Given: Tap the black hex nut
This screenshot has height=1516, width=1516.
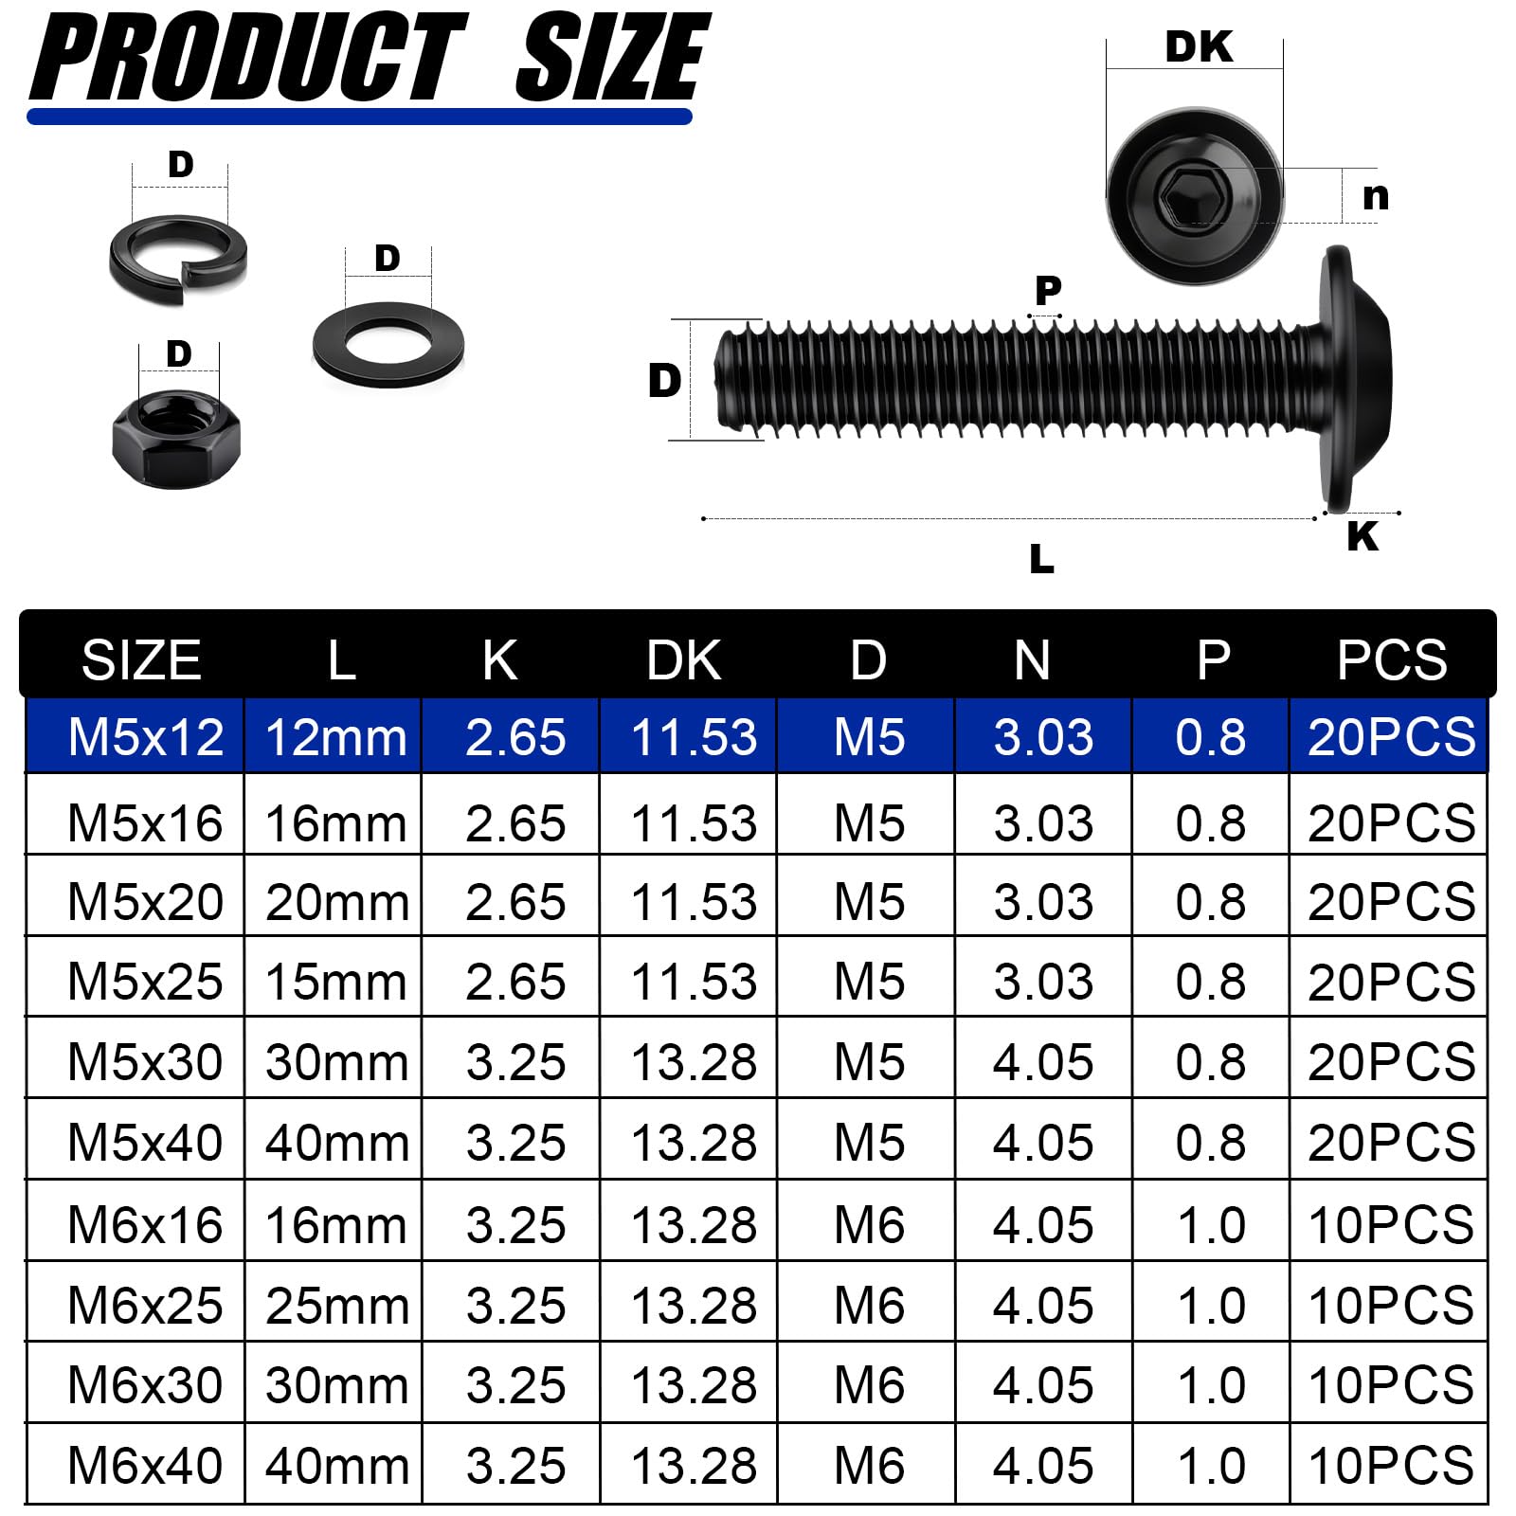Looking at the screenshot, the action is click(176, 439).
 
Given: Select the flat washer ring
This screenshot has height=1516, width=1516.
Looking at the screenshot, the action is click(388, 344).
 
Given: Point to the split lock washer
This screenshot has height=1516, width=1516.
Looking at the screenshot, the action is click(177, 258).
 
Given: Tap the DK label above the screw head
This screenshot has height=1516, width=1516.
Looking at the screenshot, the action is click(1199, 47).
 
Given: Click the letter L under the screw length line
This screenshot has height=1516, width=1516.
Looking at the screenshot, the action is click(1041, 559).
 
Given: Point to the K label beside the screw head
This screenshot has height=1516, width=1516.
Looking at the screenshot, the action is click(1363, 536).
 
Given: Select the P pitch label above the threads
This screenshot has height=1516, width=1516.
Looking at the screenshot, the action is click(1048, 289).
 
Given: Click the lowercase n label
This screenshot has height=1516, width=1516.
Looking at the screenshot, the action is click(1376, 197).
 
